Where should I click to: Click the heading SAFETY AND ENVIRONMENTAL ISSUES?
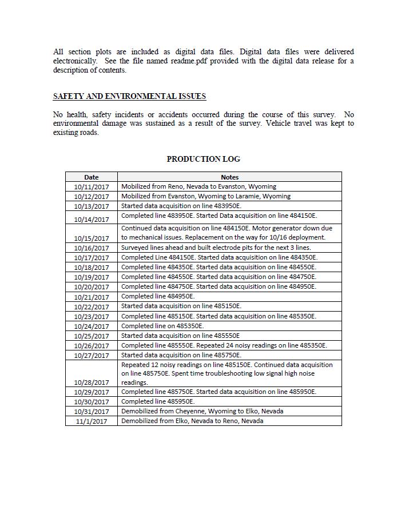pos(129,96)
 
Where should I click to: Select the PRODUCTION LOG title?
pos(203,159)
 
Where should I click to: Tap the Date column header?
pos(91,177)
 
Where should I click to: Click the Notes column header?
pos(229,177)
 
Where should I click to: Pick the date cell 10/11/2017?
pos(91,187)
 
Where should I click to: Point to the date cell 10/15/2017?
pos(91,238)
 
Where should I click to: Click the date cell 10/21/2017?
pos(91,297)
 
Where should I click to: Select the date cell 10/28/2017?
pos(91,382)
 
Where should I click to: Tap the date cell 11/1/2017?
pos(91,421)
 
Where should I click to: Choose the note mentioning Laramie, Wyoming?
pos(205,196)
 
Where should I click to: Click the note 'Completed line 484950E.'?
pos(158,296)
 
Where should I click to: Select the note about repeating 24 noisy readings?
pos(224,345)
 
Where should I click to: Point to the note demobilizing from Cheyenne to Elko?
pos(202,411)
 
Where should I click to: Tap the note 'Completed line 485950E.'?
pos(158,401)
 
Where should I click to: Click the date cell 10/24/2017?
pos(91,326)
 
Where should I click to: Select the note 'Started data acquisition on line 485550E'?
pos(180,336)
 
